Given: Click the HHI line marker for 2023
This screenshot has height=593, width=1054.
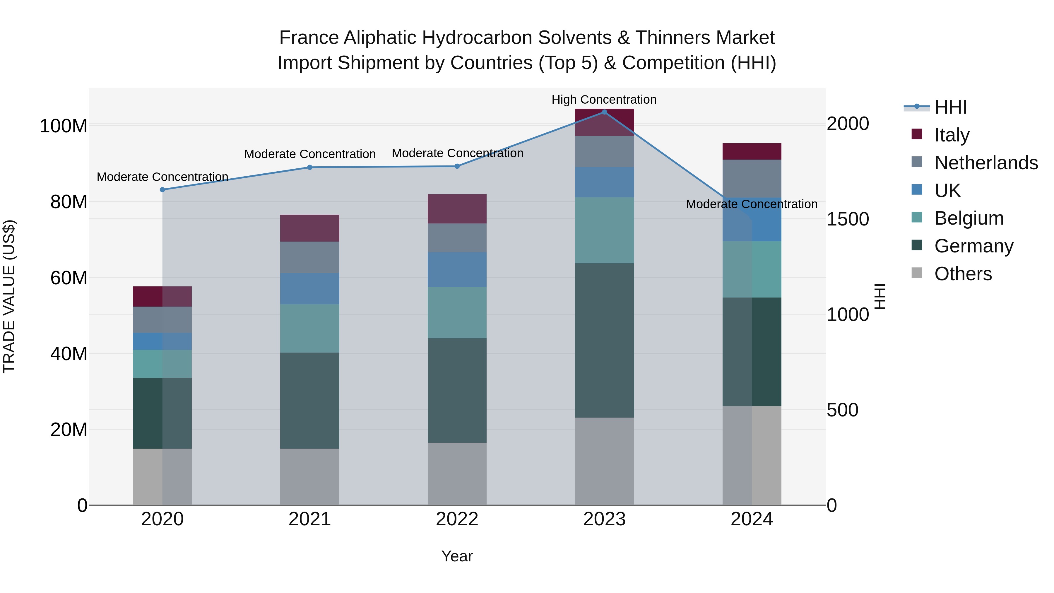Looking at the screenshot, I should click(604, 112).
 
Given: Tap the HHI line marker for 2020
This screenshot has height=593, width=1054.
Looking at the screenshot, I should click(162, 190).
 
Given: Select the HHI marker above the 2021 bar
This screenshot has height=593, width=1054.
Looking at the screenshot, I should click(310, 168).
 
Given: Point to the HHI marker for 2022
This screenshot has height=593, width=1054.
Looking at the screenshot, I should click(457, 166).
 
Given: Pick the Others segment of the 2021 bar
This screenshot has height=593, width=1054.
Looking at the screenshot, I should click(310, 477).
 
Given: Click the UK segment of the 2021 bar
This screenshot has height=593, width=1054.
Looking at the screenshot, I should click(310, 288).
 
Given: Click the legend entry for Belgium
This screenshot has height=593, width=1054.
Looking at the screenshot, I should click(969, 218).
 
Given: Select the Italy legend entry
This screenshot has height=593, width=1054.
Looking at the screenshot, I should click(952, 135).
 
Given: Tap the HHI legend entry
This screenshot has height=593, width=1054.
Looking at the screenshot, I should click(950, 107).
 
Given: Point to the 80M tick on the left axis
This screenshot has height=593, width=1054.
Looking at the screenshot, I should click(69, 202).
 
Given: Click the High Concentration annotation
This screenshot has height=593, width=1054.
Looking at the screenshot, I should click(604, 100).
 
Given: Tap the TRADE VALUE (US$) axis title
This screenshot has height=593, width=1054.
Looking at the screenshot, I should click(9, 296).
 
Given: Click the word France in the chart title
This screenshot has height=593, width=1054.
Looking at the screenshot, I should click(309, 38).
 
